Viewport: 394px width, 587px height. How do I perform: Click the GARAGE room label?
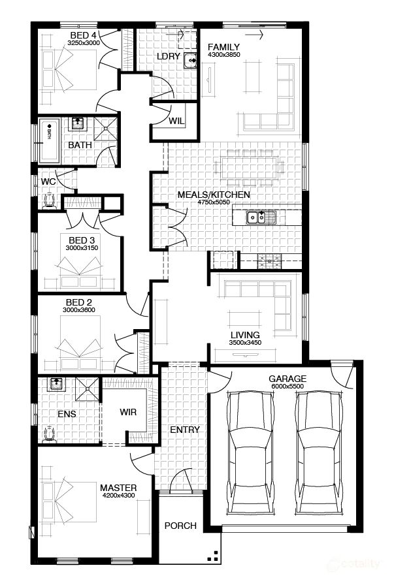click(x=287, y=379)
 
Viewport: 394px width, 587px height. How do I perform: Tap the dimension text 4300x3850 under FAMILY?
click(x=223, y=55)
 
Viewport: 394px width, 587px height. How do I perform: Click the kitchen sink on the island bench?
click(x=255, y=217)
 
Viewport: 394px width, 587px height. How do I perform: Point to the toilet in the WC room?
click(x=48, y=200)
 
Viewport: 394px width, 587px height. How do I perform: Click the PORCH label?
click(x=180, y=526)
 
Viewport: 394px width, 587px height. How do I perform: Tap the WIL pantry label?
click(x=176, y=121)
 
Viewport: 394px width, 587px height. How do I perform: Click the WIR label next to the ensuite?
click(x=128, y=413)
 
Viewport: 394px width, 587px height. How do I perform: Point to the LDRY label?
click(x=168, y=57)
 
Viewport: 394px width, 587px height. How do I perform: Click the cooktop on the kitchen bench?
click(x=269, y=261)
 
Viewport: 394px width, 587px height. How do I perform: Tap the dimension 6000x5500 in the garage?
click(x=287, y=387)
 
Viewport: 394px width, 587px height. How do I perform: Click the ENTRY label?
click(x=184, y=430)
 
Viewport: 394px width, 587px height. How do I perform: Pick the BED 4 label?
click(x=83, y=35)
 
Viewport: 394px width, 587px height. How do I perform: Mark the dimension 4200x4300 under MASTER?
click(x=118, y=496)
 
